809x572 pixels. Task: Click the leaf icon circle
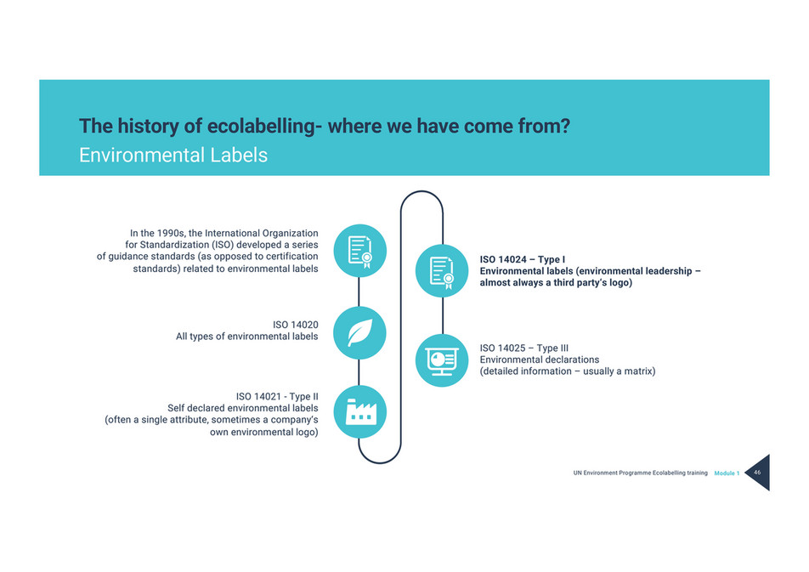359,331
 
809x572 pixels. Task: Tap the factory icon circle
359,411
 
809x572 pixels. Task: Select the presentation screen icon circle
442,360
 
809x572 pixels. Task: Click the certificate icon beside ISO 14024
442,270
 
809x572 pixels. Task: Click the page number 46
756,473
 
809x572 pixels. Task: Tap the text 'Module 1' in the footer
727,473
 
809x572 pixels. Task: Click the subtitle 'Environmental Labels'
173,156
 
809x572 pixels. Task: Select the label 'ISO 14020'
295,325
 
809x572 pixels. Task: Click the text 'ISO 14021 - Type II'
276,396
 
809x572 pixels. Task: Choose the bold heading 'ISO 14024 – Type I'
523,258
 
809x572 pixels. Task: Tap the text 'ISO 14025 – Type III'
523,348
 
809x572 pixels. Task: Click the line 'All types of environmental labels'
246,337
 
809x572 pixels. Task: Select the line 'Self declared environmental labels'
242,408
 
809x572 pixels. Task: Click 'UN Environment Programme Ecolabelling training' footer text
640,473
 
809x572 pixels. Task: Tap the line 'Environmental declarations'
540,360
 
